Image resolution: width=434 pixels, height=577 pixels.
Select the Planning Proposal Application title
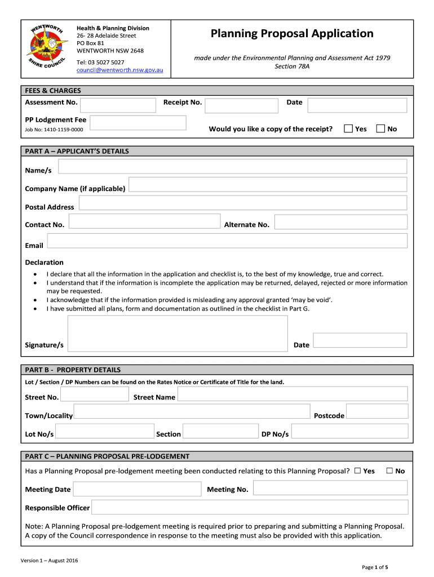tap(292, 34)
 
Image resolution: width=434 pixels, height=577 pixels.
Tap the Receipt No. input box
tap(241, 105)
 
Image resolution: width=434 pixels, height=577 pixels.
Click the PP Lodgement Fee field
tap(138, 123)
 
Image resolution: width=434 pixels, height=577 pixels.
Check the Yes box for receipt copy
tap(348, 129)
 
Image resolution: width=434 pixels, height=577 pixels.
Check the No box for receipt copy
tap(380, 129)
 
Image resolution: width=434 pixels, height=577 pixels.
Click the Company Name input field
tap(268, 185)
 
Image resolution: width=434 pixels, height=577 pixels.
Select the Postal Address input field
tap(241, 203)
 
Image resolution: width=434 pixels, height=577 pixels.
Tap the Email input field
tap(227, 241)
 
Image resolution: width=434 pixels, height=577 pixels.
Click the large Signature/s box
tap(178, 334)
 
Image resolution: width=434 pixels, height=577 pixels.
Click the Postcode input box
tap(377, 412)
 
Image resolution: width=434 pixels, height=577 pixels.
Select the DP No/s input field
tap(349, 431)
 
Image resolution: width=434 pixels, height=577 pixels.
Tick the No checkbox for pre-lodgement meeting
tap(389, 471)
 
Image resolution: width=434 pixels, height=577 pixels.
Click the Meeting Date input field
tap(137, 489)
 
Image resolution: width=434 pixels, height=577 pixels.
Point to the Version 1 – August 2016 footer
tap(50, 561)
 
